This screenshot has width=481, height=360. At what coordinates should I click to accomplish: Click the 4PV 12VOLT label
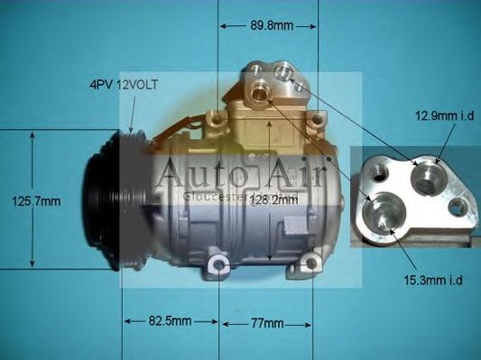[x=124, y=84]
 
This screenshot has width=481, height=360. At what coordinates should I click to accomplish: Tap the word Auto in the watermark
[x=196, y=173]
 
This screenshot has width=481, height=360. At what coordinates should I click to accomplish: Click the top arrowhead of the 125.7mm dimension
[x=34, y=134]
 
